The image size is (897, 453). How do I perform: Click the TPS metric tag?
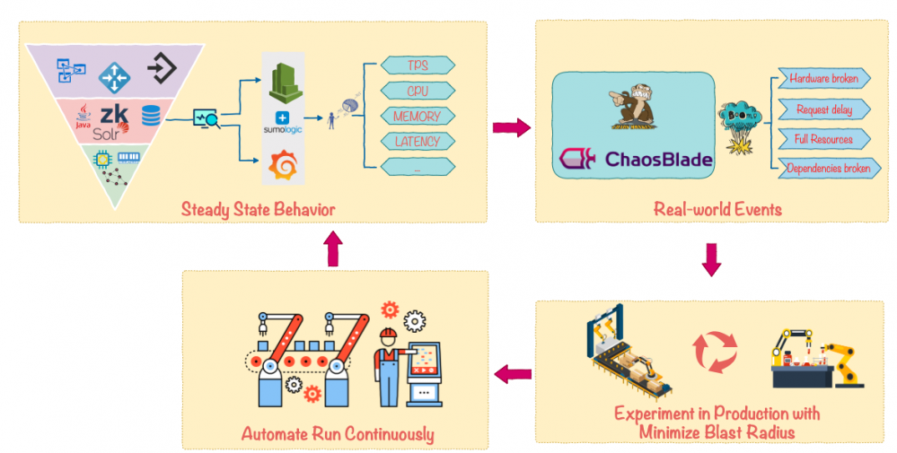[418, 65]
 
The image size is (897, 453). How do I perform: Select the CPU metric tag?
[418, 91]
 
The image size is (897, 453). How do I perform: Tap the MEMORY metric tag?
[418, 116]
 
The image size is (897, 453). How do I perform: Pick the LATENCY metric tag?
[418, 141]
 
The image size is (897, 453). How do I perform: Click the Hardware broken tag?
[823, 79]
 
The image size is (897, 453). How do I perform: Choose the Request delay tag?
[823, 109]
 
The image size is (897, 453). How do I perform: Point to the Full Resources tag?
[823, 139]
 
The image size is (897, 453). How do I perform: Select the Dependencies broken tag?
[823, 168]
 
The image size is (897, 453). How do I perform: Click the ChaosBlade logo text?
[658, 160]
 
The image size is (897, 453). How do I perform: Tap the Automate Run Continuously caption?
[337, 434]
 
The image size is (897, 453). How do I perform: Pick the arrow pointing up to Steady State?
[333, 250]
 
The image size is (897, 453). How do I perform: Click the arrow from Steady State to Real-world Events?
[511, 128]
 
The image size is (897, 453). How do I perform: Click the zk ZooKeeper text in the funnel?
[114, 115]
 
